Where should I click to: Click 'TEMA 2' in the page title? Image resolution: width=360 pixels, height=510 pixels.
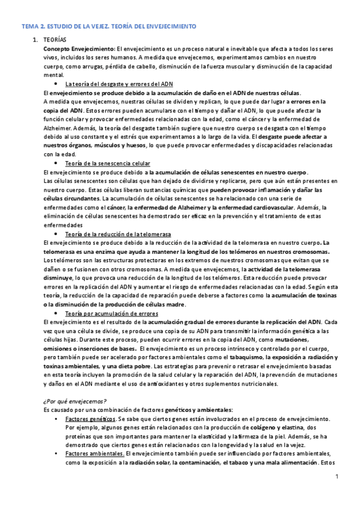pos(34,27)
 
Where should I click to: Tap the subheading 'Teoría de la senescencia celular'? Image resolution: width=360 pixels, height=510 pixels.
pos(108,164)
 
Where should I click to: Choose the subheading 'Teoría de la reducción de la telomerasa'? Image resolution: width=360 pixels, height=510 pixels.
pos(118,233)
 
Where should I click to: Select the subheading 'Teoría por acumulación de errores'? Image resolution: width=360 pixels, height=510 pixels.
pos(111,314)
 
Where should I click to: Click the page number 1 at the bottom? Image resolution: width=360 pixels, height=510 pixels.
pos(338,478)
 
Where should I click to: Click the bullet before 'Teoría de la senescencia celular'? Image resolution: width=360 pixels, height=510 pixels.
pos(56,164)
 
